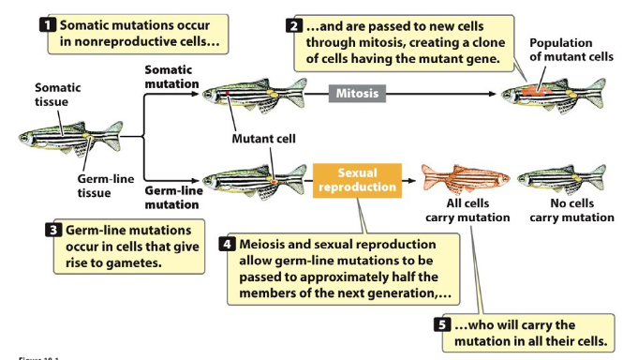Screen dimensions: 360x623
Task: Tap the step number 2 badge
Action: [x=292, y=22]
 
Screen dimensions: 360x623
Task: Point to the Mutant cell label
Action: [x=263, y=139]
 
